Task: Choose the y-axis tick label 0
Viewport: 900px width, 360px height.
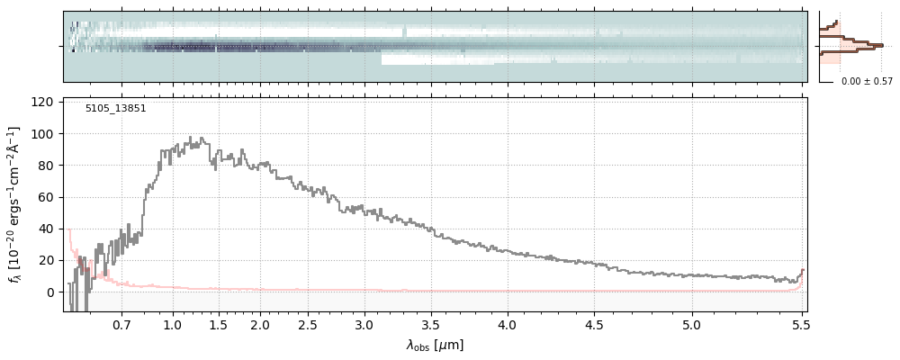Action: click(51, 292)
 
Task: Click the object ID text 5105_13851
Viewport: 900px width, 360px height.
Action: click(115, 109)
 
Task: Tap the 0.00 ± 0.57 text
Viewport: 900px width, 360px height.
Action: click(867, 82)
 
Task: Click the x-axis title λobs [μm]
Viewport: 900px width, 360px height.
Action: click(435, 345)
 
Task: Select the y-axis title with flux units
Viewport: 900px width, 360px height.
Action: click(14, 205)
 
